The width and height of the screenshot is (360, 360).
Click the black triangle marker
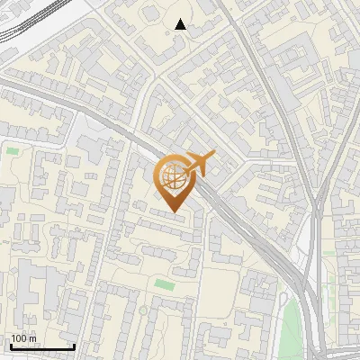coord(181,24)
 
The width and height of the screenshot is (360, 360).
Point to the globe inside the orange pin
coord(175,178)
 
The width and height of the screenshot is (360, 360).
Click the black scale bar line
coord(41,346)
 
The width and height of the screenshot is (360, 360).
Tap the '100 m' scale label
coord(24,338)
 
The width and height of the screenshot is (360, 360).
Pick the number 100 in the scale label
coord(20,338)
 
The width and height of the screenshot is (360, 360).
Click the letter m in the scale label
coord(33,338)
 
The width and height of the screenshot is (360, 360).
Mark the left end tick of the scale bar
coord(10,345)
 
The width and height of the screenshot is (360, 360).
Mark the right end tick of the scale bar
coord(73,345)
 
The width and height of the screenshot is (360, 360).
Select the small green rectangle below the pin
coord(164,284)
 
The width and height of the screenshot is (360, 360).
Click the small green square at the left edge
coord(12,150)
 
